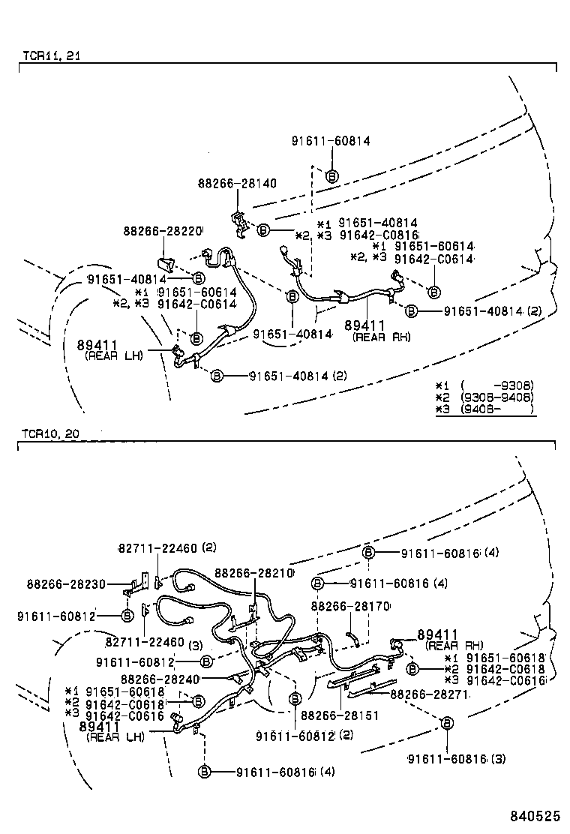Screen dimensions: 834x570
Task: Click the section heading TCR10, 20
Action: pos(49,434)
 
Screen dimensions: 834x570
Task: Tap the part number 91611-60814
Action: pos(331,140)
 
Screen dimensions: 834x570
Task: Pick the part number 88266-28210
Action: pos(253,572)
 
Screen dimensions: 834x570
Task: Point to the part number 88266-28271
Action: pos(430,695)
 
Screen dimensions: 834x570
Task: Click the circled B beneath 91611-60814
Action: pos(331,176)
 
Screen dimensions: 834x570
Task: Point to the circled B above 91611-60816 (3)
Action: pos(447,723)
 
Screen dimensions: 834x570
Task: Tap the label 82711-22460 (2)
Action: pos(166,548)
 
